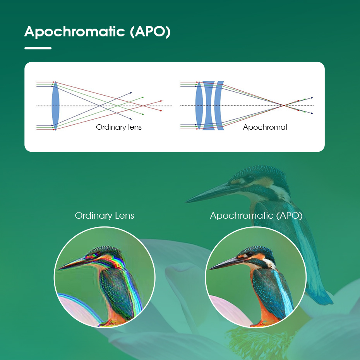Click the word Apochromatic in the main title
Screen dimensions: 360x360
75,32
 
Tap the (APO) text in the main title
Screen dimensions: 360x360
150,31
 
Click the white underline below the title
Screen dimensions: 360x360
38,48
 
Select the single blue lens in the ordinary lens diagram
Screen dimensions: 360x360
55,106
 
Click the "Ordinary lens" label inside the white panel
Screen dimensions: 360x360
119,127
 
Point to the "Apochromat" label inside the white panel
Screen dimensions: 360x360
265,127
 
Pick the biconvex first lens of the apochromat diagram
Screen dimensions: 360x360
199,106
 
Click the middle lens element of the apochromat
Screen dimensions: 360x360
209,106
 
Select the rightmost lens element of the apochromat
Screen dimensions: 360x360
219,106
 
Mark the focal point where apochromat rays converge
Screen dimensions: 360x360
284,106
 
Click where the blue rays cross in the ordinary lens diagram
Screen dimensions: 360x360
99,106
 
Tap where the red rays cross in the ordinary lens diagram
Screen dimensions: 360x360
143,106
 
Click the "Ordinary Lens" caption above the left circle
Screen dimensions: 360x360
105,216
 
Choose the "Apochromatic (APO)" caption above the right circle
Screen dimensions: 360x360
256,216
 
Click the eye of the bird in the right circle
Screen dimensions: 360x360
250,254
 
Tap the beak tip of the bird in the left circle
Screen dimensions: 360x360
60,268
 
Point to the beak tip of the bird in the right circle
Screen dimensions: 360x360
210,269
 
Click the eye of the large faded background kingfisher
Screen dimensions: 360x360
250,178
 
